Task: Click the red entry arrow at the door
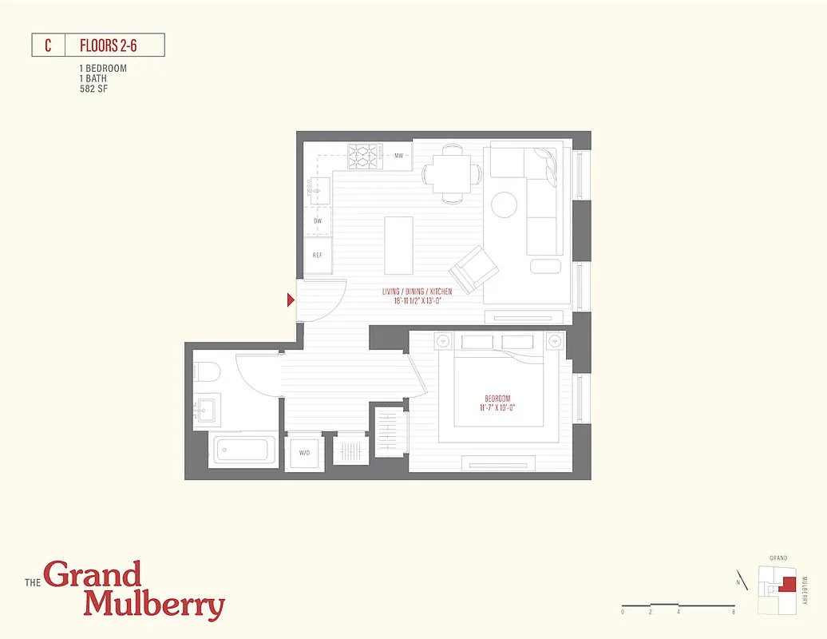point(291,300)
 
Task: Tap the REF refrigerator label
point(318,256)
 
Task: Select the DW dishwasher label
point(318,220)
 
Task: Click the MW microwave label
point(398,156)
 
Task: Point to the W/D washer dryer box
point(304,453)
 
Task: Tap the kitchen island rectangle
point(398,244)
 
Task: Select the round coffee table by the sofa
point(505,205)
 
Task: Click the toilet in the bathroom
point(204,373)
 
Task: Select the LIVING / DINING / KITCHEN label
point(417,292)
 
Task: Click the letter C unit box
point(48,45)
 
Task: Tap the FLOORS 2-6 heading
point(109,45)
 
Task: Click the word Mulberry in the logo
point(154,605)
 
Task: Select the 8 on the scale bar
point(733,612)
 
